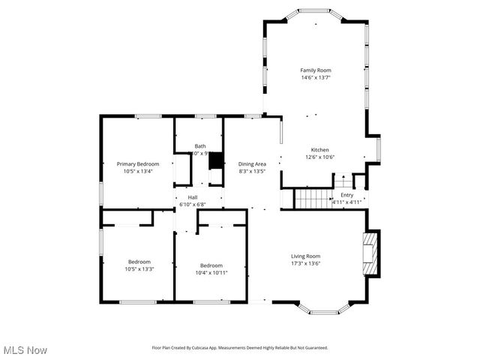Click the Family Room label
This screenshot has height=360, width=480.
316,70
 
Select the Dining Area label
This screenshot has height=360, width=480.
252,163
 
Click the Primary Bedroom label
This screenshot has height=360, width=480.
138,163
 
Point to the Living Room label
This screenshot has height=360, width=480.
306,256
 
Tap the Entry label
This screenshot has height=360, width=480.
346,195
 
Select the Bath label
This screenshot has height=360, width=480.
200,146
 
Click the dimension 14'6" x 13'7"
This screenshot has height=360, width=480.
316,77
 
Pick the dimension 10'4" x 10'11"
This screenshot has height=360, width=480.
211,272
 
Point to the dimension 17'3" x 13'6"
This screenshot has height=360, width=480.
306,264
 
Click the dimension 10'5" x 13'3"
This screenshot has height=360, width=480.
139,269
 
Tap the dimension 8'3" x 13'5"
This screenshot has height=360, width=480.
252,171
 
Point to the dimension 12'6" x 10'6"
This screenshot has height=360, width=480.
320,157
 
